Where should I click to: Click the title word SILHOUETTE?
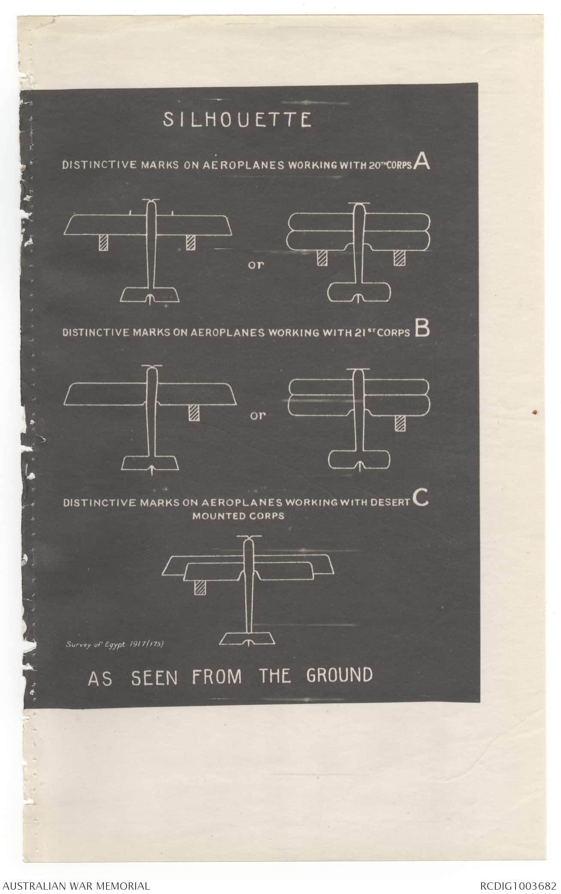[x=237, y=120]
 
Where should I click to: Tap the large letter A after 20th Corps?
[x=422, y=163]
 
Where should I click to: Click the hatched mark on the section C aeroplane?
[x=200, y=588]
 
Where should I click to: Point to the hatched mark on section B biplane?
[x=400, y=423]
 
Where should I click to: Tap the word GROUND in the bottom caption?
[x=339, y=675]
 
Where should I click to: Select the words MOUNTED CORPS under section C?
[x=238, y=516]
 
